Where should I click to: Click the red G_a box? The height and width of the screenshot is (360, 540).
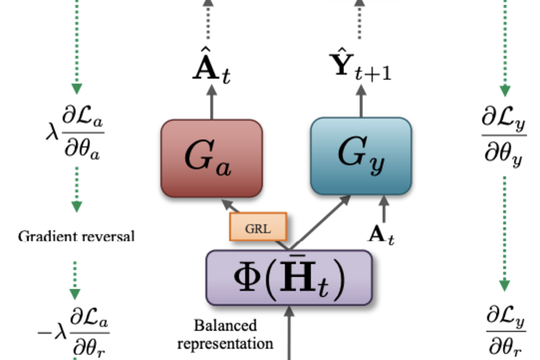(x=211, y=157)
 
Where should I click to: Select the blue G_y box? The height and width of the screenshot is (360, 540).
(x=361, y=155)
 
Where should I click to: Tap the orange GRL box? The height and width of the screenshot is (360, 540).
(x=258, y=227)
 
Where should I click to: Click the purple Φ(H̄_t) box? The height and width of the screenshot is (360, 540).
(x=288, y=278)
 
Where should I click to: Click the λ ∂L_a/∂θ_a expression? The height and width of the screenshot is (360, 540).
(x=74, y=134)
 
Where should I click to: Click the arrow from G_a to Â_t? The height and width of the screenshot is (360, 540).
(x=212, y=105)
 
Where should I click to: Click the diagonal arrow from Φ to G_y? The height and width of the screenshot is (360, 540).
(x=320, y=221)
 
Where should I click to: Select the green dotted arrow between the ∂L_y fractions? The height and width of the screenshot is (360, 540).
(x=504, y=232)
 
